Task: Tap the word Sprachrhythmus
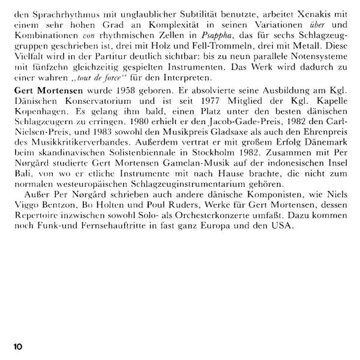coord(53,11)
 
